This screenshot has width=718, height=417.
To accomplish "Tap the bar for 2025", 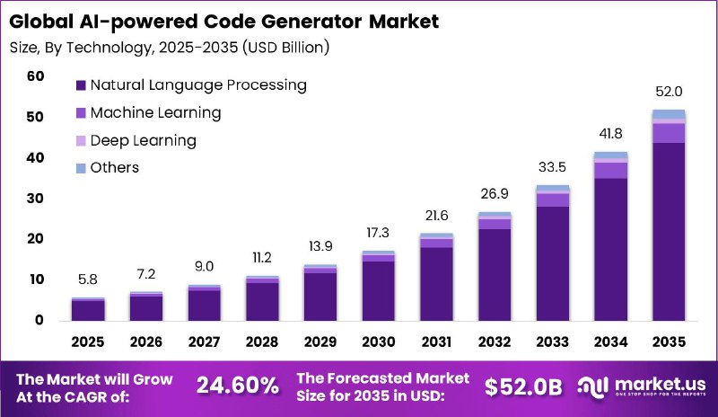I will point(88,309).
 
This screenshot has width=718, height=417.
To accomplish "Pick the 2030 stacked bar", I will point(378,286).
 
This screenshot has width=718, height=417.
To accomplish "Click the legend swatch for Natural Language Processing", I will point(81,85).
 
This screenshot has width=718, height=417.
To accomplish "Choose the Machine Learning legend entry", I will point(155,113).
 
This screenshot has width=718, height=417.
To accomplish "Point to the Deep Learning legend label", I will point(143,140).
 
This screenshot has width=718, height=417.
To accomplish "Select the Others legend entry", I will point(115,168).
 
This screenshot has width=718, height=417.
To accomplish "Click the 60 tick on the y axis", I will point(35,76).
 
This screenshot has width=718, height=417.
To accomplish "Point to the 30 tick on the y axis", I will point(35,199).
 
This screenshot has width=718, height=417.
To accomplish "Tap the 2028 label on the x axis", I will point(262,342).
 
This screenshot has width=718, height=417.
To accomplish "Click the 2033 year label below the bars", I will point(552,342).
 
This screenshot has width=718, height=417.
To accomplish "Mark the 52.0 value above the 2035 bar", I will point(669,92).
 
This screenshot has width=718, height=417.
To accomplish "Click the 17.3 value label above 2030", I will point(378,233).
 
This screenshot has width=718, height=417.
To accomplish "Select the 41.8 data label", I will point(610,133).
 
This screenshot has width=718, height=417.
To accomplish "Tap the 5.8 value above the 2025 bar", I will point(88,279).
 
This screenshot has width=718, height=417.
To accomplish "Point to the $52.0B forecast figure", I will point(522,386).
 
